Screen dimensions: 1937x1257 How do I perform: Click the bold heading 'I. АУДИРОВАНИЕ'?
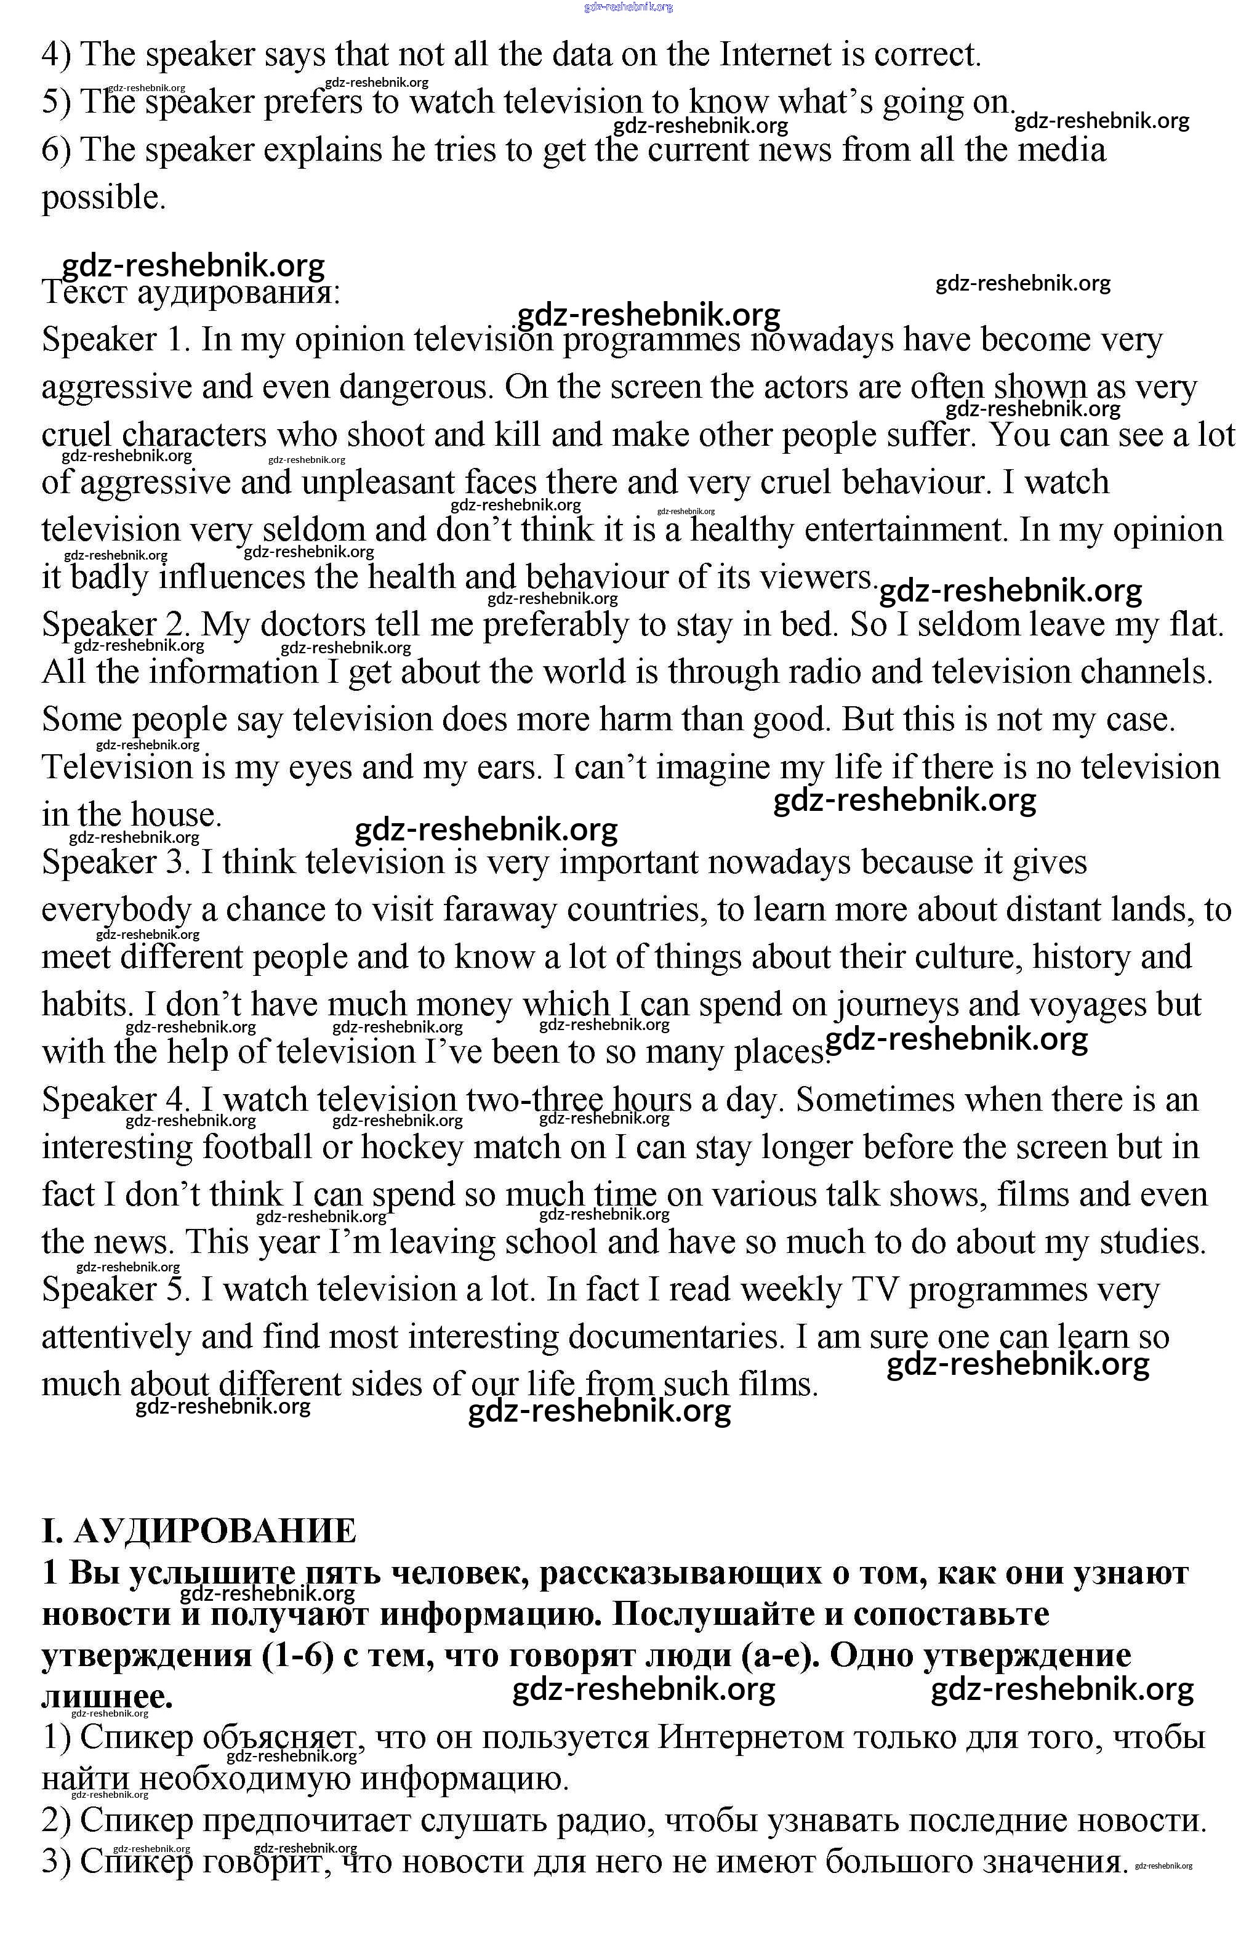pos(199,1531)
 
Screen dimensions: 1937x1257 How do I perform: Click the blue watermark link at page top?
pos(628,7)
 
